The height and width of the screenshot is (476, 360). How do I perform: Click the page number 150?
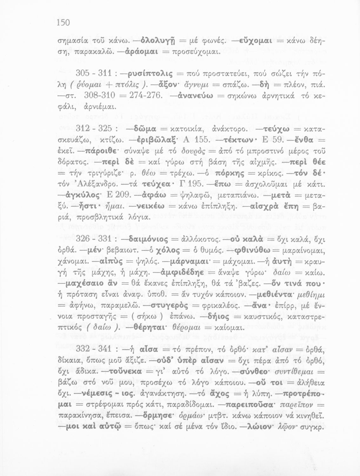tap(63, 23)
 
